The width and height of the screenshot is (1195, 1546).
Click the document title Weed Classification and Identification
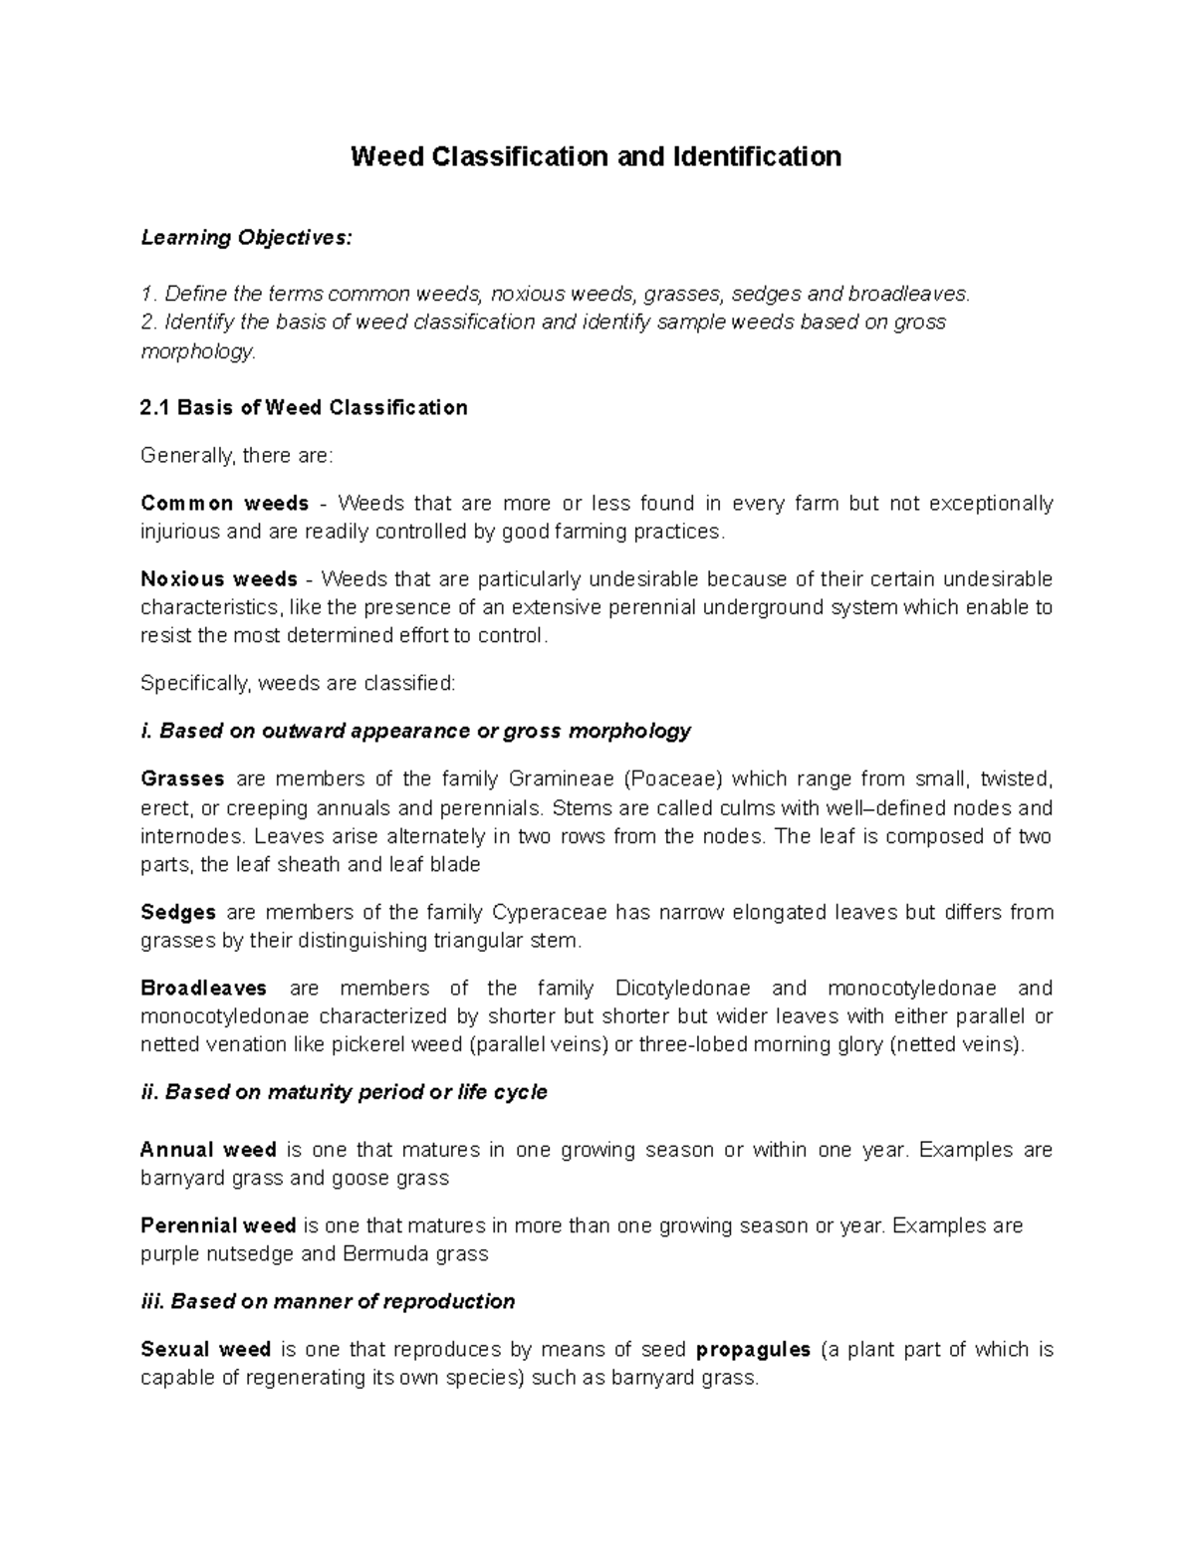pyautogui.click(x=596, y=157)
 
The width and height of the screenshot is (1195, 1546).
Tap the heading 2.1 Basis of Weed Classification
pyautogui.click(x=304, y=408)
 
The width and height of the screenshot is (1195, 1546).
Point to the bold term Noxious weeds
pyautogui.click(x=219, y=579)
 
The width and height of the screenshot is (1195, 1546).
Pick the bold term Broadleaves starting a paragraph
pyautogui.click(x=204, y=989)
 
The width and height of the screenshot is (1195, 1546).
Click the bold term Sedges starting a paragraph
pyautogui.click(x=178, y=913)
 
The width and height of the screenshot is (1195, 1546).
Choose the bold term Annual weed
pyautogui.click(x=208, y=1151)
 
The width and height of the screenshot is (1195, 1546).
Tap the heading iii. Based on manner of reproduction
pyautogui.click(x=328, y=1302)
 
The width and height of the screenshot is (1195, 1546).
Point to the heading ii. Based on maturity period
pyautogui.click(x=344, y=1093)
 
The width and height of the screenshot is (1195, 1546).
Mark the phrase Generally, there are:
pyautogui.click(x=236, y=456)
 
